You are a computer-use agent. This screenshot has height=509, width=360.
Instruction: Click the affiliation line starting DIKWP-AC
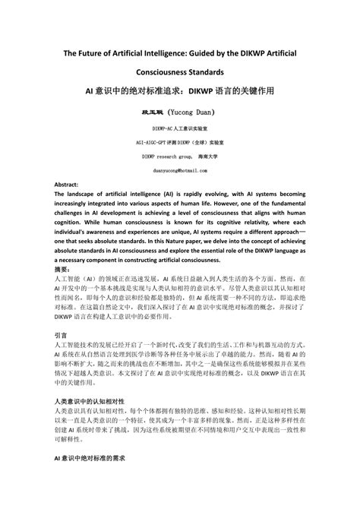point(180,130)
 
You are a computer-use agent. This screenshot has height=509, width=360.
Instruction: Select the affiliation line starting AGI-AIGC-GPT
point(180,142)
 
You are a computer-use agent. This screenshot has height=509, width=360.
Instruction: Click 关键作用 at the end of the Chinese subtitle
point(254,89)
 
